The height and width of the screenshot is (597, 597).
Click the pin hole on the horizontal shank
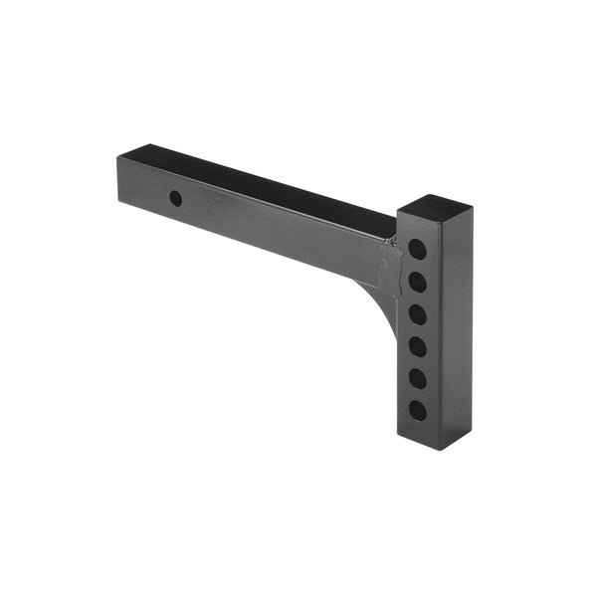tap(175, 198)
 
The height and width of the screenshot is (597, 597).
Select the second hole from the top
tap(418, 282)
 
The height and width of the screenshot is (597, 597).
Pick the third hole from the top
tap(418, 314)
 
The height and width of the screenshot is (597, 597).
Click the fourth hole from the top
tap(418, 346)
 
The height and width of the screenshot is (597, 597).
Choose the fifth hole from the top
tap(418, 378)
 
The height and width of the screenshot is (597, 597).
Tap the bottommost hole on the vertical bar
tap(418, 410)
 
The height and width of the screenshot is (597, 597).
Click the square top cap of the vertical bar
tap(434, 209)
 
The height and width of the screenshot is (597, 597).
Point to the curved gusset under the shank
tap(383, 298)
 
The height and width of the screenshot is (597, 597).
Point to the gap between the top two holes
tap(418, 266)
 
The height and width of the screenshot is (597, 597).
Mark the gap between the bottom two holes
tap(418, 394)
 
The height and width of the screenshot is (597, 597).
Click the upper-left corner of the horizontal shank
tap(118, 156)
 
